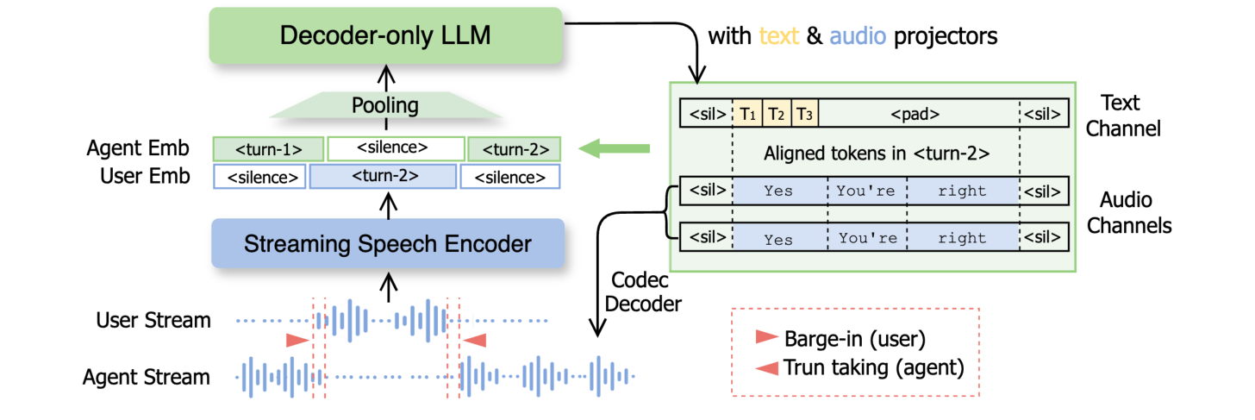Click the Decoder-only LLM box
coord(385,35)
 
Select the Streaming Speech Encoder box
coord(387,243)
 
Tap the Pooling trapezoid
coord(384,106)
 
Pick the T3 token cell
coord(805,113)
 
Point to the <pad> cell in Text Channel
coord(915,113)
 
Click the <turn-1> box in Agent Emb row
coord(268,148)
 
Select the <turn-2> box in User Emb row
coord(384,177)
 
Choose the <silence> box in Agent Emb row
coord(396,148)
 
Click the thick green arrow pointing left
coord(614,150)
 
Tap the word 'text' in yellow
coord(779,36)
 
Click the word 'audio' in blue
coord(857,36)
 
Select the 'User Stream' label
coord(153,321)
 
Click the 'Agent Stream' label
coord(147,377)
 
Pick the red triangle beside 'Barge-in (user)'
coord(765,336)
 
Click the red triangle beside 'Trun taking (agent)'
coord(765,367)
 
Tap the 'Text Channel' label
coord(1123,116)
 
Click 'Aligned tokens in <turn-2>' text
coord(874,154)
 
